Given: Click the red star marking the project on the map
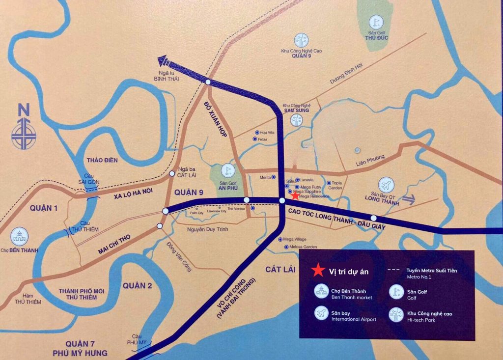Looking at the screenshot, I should [294, 195].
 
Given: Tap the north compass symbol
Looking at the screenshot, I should [24, 128].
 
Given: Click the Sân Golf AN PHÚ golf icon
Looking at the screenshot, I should [227, 171].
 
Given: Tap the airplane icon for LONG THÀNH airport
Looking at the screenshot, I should [387, 185].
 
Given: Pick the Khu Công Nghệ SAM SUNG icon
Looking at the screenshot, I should [296, 121].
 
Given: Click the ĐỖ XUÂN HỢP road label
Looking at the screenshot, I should [217, 120].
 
